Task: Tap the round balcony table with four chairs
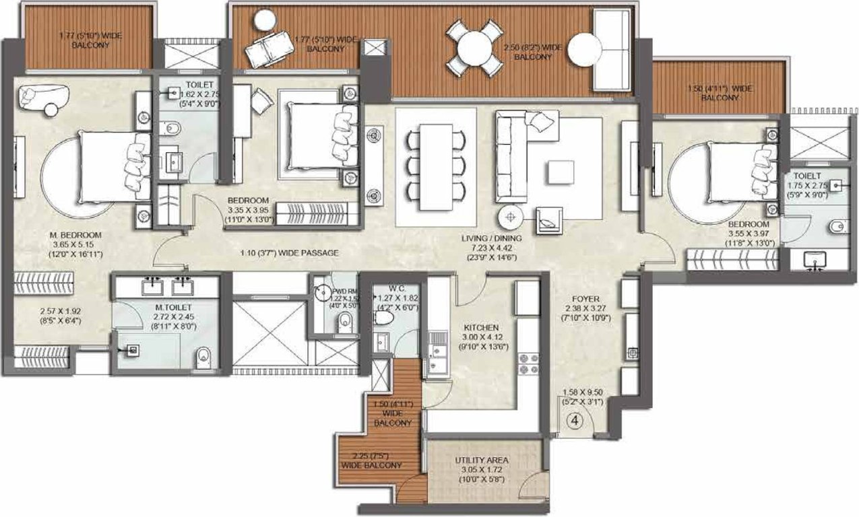[475, 48]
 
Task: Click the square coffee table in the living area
[560, 172]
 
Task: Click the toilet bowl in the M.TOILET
[204, 357]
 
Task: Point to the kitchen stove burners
[528, 364]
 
